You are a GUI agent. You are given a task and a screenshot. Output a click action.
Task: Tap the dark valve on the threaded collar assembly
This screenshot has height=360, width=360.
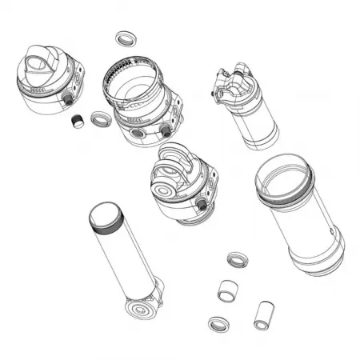[165, 130]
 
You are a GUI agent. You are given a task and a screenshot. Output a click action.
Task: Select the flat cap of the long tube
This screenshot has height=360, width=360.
[105, 214]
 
